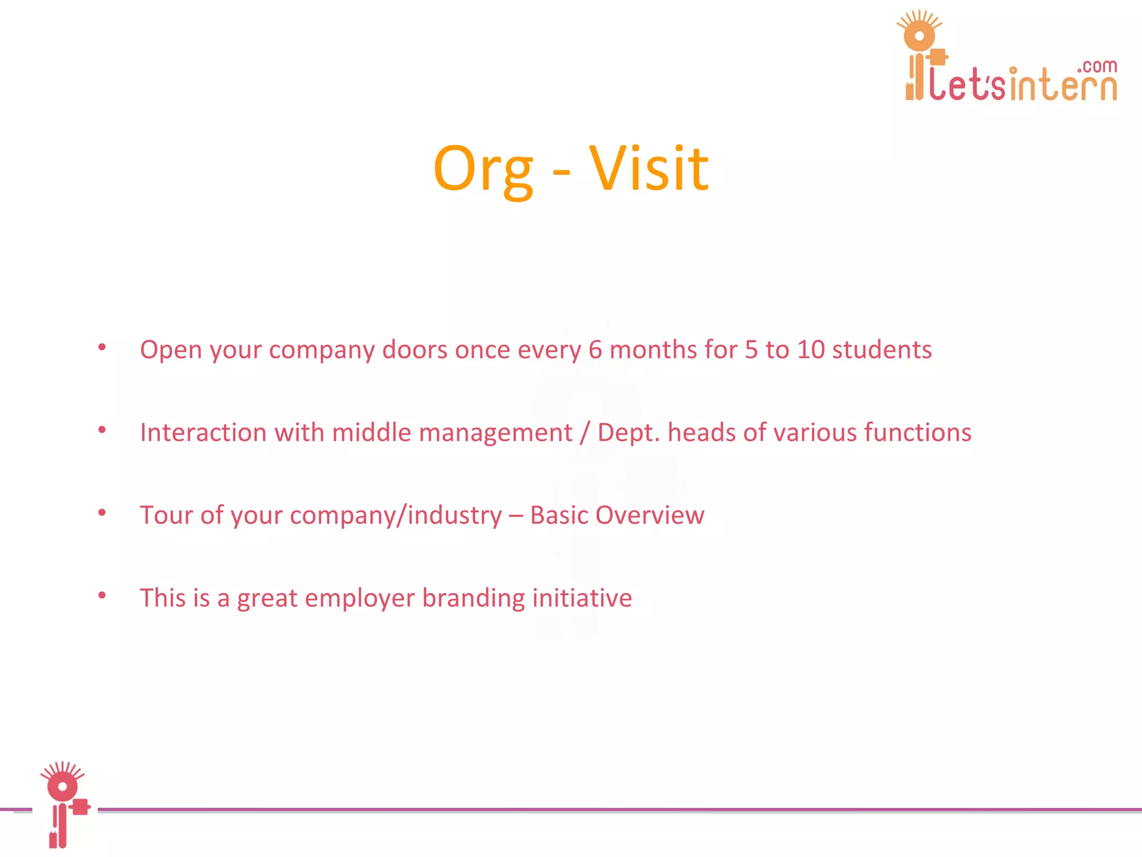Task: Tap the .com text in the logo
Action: coord(1097,66)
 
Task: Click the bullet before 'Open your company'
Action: coord(102,348)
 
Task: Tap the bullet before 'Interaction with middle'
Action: coord(102,430)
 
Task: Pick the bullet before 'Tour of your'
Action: coord(102,513)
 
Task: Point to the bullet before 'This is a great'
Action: coord(102,596)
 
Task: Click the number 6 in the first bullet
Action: coord(596,350)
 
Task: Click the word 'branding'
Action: coord(473,598)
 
